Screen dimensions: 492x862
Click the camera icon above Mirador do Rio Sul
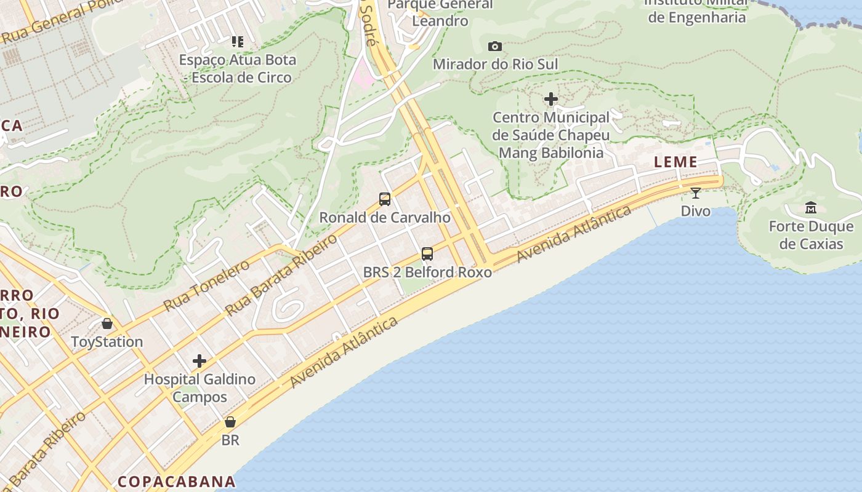tap(494, 47)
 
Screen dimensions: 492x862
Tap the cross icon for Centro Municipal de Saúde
tap(551, 99)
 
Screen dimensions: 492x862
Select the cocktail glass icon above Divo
tap(696, 193)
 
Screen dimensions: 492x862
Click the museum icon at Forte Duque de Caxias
tap(811, 208)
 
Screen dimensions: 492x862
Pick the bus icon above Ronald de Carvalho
tap(385, 199)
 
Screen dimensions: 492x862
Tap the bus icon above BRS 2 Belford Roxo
tap(427, 253)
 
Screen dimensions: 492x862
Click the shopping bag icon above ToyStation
tap(107, 323)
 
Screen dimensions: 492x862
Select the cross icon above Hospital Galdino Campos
tap(199, 361)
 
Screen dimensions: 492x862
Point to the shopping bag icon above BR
tap(230, 422)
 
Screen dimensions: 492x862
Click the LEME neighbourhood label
tap(676, 162)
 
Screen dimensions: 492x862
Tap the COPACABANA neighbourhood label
tap(177, 482)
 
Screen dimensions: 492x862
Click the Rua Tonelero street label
tap(206, 285)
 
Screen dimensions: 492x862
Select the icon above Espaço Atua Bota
tap(238, 42)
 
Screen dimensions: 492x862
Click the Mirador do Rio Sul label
tap(495, 65)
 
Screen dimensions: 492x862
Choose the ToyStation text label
tap(107, 342)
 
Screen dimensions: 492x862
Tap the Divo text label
tap(696, 212)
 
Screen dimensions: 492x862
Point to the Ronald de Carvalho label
tap(385, 218)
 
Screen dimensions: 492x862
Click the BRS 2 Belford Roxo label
tap(427, 272)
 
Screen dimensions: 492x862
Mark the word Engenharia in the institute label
tap(697, 17)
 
